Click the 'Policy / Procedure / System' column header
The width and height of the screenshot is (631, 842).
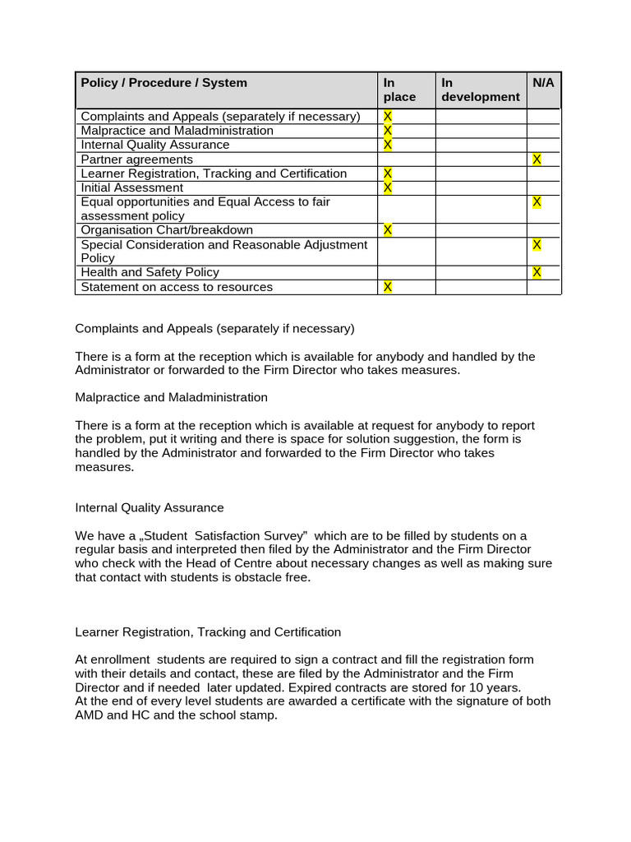pyautogui.click(x=164, y=83)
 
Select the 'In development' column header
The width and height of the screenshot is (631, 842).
pyautogui.click(x=480, y=90)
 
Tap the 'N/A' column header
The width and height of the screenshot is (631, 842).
pyautogui.click(x=543, y=83)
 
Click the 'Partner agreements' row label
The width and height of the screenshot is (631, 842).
pyautogui.click(x=137, y=160)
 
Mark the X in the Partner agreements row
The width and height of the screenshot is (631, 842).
pyautogui.click(x=537, y=159)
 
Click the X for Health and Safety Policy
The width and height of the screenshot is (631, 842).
pyautogui.click(x=537, y=272)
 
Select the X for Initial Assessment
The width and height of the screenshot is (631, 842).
pyautogui.click(x=388, y=187)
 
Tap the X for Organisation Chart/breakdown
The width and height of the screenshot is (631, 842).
pyautogui.click(x=388, y=230)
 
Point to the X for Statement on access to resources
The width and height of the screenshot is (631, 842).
pyautogui.click(x=388, y=287)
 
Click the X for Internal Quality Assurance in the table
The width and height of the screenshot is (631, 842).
pyautogui.click(x=388, y=145)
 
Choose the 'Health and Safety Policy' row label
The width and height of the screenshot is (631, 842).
pyautogui.click(x=150, y=272)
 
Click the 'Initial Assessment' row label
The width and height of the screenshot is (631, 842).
pyautogui.click(x=132, y=187)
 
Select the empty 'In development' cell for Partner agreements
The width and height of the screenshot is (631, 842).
pyautogui.click(x=480, y=160)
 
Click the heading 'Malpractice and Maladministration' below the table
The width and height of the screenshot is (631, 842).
pyautogui.click(x=171, y=397)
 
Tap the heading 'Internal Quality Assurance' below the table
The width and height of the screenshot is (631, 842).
pyautogui.click(x=150, y=508)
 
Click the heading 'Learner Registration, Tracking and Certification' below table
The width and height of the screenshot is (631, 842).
pyautogui.click(x=208, y=632)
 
